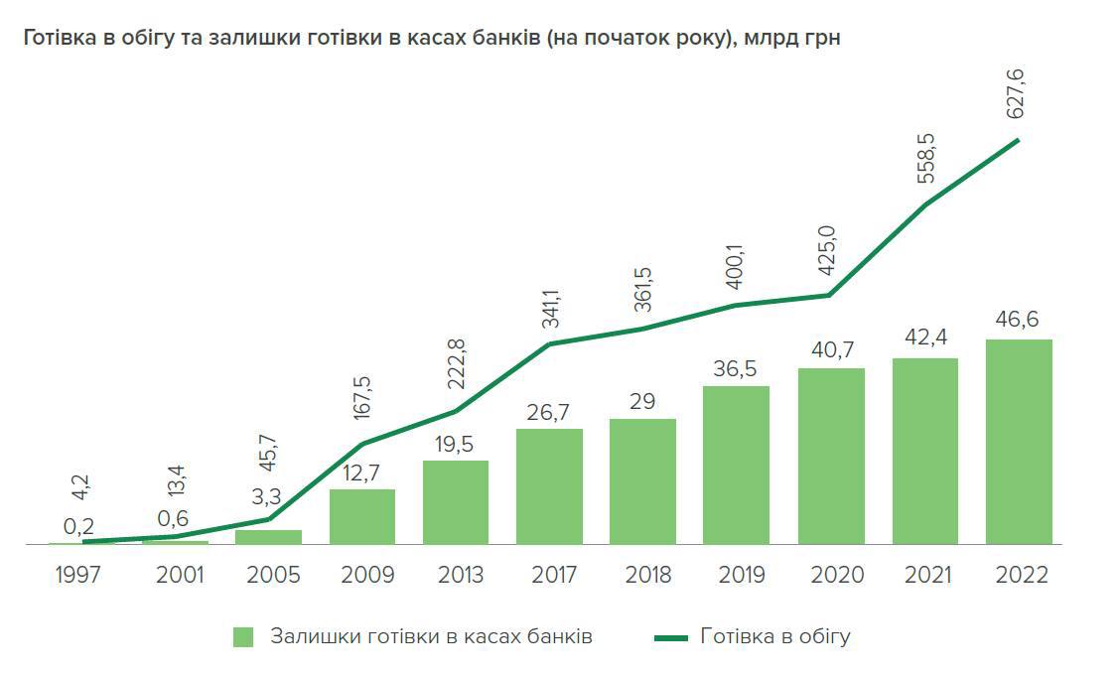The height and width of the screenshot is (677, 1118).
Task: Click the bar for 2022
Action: click(1019, 442)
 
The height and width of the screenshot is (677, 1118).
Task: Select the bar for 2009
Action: click(361, 516)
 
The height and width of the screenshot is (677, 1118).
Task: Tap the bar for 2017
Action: click(549, 486)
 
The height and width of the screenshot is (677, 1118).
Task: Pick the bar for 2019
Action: click(736, 465)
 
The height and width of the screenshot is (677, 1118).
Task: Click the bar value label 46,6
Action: click(1019, 321)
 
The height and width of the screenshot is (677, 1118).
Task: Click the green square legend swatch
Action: click(244, 636)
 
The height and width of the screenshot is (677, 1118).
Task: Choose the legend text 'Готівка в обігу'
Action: click(775, 636)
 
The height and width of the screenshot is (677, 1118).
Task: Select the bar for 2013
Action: click(456, 502)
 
